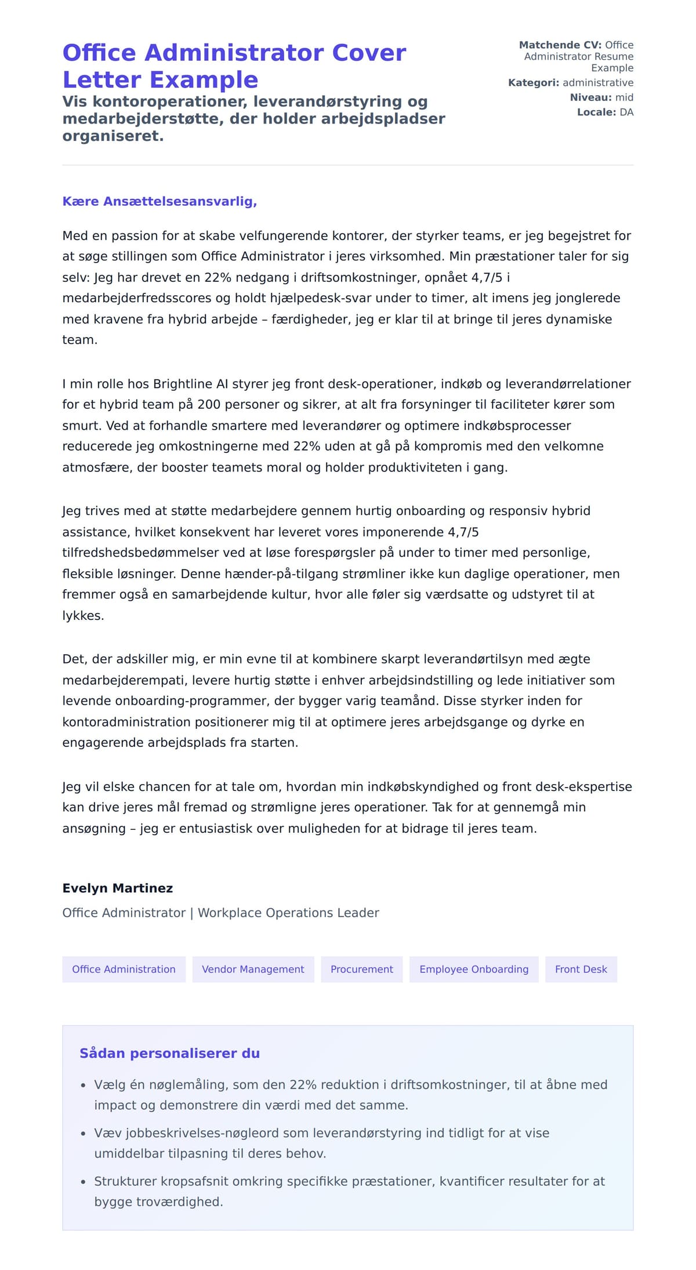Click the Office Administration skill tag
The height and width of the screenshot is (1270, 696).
(124, 969)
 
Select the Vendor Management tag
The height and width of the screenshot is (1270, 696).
(253, 969)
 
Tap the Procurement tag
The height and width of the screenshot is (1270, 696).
(361, 969)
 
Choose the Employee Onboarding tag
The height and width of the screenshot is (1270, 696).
(474, 969)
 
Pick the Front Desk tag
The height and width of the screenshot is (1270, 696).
(581, 969)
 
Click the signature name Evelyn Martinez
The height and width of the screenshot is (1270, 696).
(118, 888)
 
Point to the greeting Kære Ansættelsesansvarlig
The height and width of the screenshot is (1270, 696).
(159, 201)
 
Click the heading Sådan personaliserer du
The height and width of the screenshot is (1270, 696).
(169, 1053)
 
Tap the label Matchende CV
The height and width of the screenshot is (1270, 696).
(560, 45)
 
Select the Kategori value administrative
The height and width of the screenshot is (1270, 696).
(598, 82)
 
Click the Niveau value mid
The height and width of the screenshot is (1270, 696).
(624, 97)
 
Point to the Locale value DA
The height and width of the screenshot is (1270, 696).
(626, 112)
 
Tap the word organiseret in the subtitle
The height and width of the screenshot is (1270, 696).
(113, 136)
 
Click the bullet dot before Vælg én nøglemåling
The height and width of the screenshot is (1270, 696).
(83, 1085)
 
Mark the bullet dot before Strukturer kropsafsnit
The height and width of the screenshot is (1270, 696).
(83, 1182)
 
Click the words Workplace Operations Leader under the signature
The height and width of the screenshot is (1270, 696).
(288, 912)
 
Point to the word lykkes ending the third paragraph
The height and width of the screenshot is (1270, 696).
(82, 615)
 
